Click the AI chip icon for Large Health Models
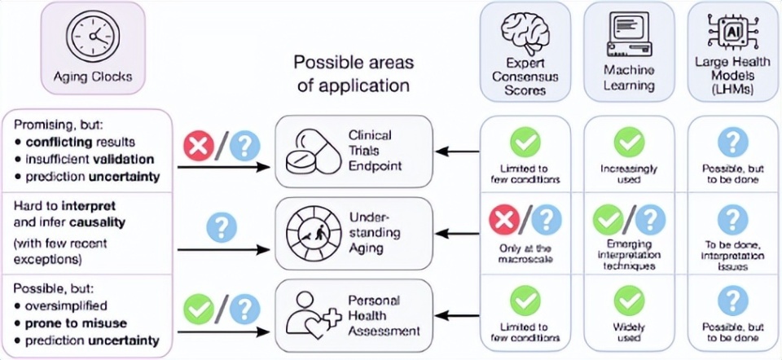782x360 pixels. [x=731, y=30]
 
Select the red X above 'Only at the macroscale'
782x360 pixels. [x=503, y=219]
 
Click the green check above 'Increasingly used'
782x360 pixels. [x=629, y=143]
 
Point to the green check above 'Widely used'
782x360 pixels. [x=629, y=301]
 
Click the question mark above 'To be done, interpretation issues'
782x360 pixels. [x=731, y=218]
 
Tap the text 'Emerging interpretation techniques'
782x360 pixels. [x=629, y=254]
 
